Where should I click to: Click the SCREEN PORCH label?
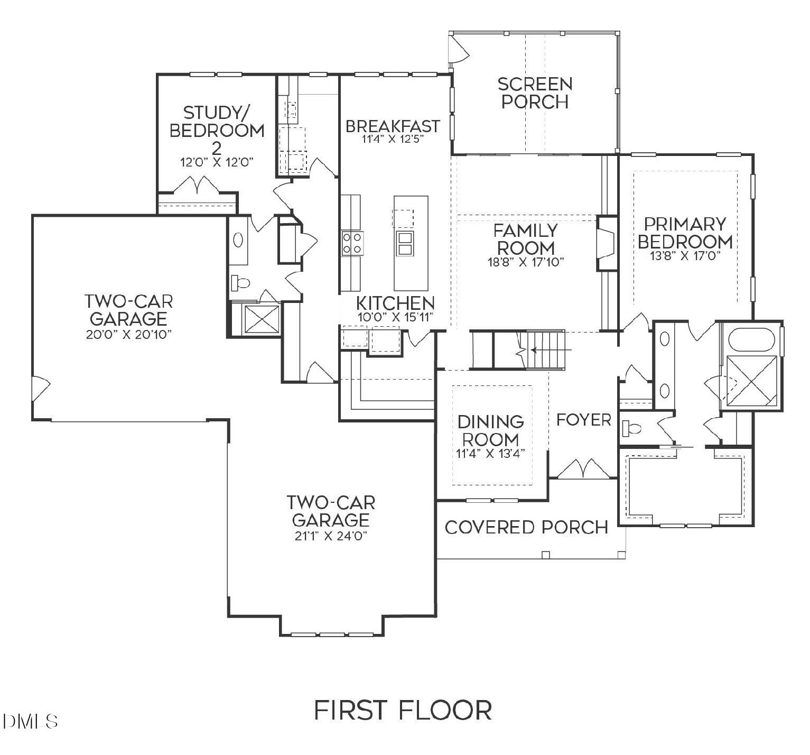(x=535, y=93)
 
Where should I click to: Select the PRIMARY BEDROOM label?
(x=685, y=233)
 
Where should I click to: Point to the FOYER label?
(x=584, y=420)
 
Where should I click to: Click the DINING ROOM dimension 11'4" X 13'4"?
(x=490, y=454)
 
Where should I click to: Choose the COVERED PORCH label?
(x=526, y=527)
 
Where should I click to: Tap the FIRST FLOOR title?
(x=403, y=710)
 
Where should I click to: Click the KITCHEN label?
(x=395, y=303)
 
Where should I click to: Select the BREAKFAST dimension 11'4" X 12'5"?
(x=393, y=140)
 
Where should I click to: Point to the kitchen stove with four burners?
(x=352, y=243)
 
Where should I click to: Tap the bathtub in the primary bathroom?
(x=751, y=340)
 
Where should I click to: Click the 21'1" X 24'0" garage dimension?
(x=331, y=536)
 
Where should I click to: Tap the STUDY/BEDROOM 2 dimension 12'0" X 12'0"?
(x=217, y=162)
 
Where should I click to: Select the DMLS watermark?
(x=30, y=721)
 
